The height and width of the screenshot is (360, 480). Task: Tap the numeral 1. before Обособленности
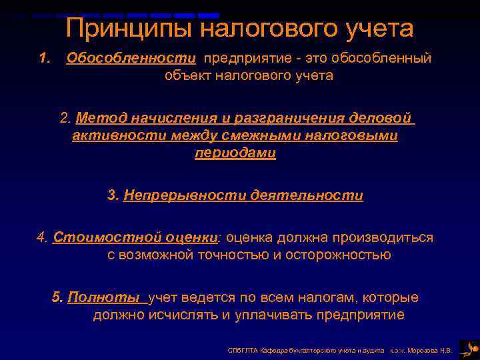[45, 59]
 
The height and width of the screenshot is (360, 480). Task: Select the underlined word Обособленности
[131, 59]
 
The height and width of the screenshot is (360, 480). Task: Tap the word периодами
[235, 153]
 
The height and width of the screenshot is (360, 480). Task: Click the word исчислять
[195, 315]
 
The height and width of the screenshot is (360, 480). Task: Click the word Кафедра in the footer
[269, 349]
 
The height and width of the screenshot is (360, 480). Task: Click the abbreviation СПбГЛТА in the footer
[239, 349]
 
